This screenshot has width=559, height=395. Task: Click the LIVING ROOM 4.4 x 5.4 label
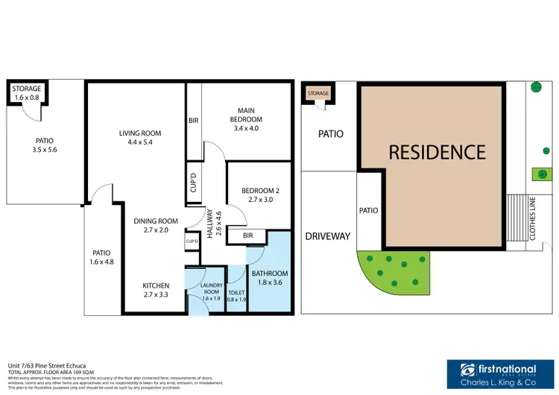click(140, 139)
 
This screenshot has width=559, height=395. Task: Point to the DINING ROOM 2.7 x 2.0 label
click(156, 226)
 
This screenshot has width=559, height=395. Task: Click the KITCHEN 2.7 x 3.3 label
click(156, 290)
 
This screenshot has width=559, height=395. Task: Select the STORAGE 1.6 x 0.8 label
click(28, 93)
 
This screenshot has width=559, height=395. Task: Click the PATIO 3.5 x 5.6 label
click(45, 145)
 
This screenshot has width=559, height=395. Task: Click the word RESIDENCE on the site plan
click(437, 152)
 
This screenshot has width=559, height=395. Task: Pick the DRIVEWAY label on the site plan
click(327, 236)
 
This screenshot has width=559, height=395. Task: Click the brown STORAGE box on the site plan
click(318, 93)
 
